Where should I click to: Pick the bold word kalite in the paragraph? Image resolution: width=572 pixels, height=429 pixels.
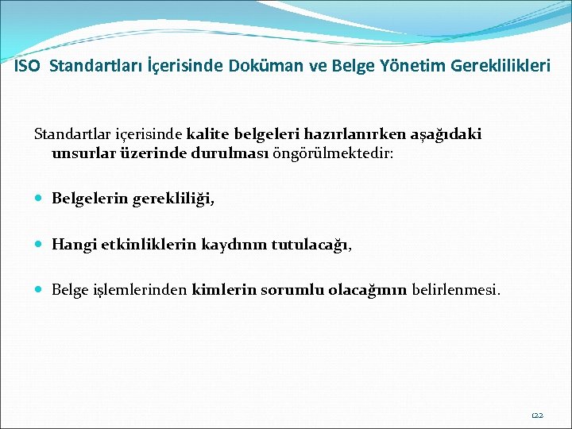(209, 134)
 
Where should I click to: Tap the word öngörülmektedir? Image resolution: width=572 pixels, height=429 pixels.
(333, 153)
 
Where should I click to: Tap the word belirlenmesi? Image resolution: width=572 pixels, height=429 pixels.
(456, 291)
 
